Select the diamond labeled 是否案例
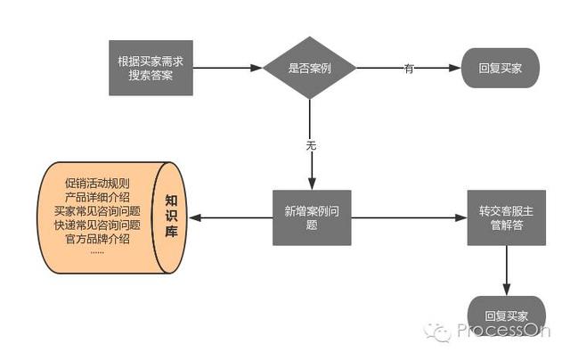[309, 69]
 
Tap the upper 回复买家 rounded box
[500, 68]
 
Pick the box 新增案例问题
[311, 217]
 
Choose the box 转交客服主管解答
[506, 217]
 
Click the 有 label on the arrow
[409, 69]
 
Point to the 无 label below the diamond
[310, 145]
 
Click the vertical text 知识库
[172, 217]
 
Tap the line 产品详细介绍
[97, 197]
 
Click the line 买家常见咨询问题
[97, 211]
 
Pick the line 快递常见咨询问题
[97, 225]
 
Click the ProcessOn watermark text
[503, 331]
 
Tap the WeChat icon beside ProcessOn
[438, 331]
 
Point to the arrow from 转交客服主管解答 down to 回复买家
[507, 270]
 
